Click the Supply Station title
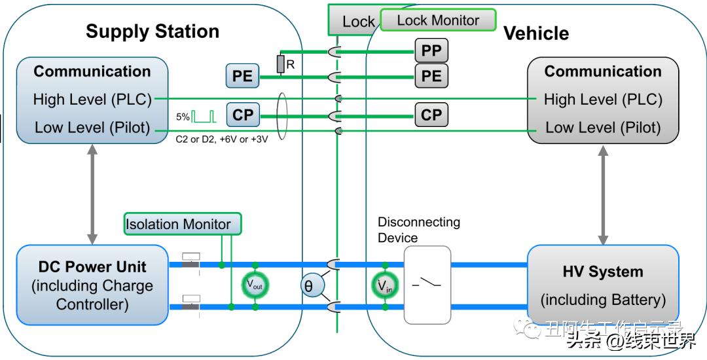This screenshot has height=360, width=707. point(153,31)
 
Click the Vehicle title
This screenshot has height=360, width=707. point(536,33)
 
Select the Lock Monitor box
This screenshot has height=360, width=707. point(438,20)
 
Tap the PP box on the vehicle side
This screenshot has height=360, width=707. point(431,51)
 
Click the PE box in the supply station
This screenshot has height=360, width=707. point(242,76)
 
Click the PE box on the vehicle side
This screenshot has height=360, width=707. point(431,76)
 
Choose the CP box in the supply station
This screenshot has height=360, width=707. point(242,115)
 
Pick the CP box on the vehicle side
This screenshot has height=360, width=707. point(431,115)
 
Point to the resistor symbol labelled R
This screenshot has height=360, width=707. point(281,63)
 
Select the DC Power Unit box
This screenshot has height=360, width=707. point(92,285)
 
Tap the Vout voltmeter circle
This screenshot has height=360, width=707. point(255,285)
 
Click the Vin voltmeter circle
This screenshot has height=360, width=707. point(384,285)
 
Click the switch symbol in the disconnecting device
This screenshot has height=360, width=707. point(427,284)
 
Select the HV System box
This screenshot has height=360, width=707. point(602,285)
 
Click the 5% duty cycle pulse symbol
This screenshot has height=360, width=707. point(204,117)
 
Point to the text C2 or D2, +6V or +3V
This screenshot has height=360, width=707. point(221,139)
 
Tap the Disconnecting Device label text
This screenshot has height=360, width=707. point(419,230)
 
